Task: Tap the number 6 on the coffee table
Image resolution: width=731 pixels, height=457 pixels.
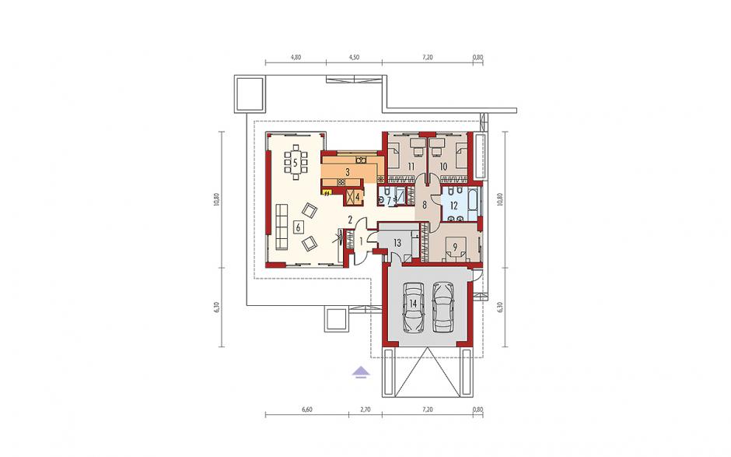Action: pos(298,227)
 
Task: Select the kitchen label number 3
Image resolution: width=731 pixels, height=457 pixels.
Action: pos(348,172)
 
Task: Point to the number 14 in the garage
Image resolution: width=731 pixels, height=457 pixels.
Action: pos(413,304)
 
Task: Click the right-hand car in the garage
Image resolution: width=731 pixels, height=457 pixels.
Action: pos(442,308)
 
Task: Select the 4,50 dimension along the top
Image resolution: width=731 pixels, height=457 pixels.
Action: pos(354,58)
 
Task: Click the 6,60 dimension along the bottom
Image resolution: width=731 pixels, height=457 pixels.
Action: pos(306,410)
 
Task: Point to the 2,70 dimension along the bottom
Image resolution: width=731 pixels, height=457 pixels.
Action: pos(365,410)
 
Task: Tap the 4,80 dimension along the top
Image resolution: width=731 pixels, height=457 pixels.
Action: pos(296,58)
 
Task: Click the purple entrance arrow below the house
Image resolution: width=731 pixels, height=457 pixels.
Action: pos(360,372)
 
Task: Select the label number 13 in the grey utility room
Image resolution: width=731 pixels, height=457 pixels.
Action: pos(397,243)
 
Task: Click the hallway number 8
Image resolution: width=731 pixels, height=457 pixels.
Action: pos(425,205)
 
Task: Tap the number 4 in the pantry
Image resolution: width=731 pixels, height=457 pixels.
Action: pos(358,197)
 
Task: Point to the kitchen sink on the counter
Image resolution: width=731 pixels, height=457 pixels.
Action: pos(361,160)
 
